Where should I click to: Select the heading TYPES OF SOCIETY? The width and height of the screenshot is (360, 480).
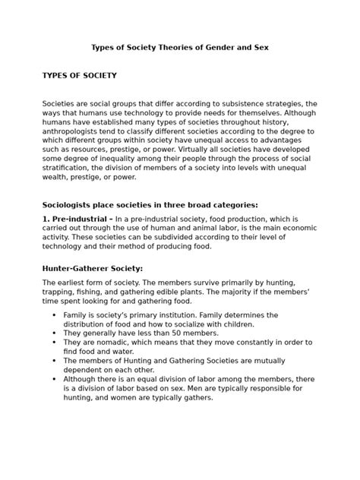point(80,76)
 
